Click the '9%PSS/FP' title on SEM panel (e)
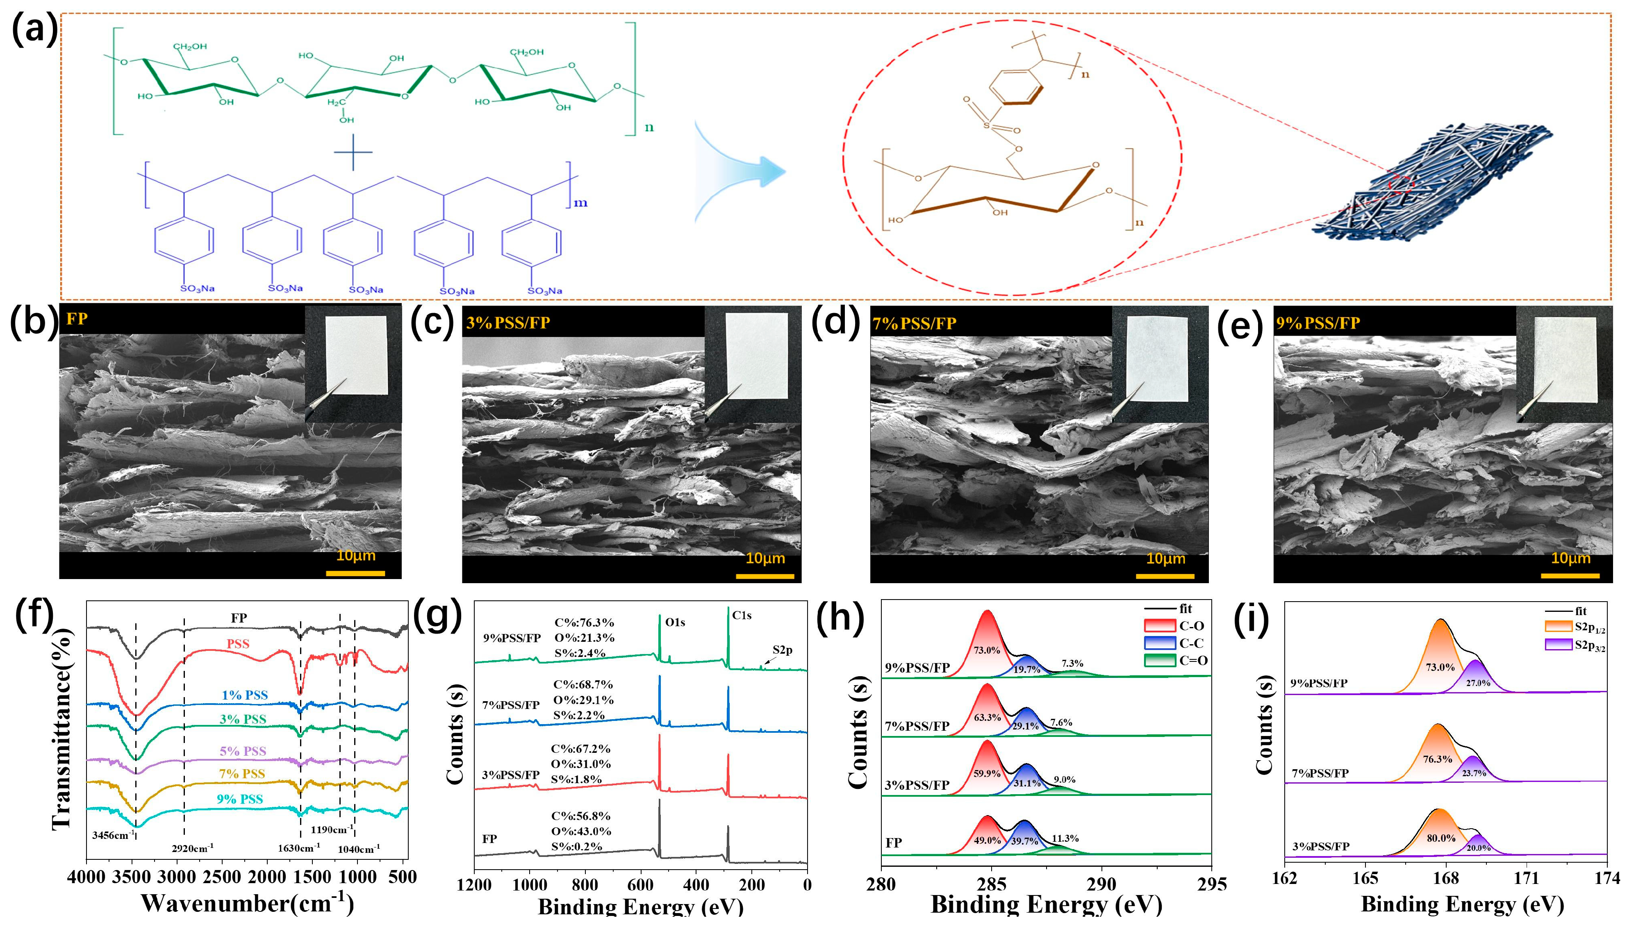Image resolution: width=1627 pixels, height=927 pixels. point(1317,323)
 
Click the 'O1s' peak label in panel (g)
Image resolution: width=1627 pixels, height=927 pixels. point(675,622)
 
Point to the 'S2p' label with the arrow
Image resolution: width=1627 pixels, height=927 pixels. point(782,650)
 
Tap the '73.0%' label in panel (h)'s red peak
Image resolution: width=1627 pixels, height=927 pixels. point(986,650)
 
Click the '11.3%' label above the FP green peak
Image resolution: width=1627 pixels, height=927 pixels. point(1065,838)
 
